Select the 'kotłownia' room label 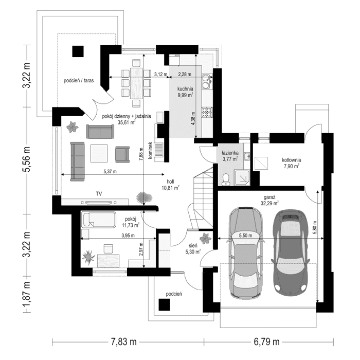point(291,160)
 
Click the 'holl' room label point(171,182)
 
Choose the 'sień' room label point(192,245)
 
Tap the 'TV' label point(98,194)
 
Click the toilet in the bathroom point(226,177)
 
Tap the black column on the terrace point(78,51)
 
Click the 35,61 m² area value point(126,123)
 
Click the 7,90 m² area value point(291,166)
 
